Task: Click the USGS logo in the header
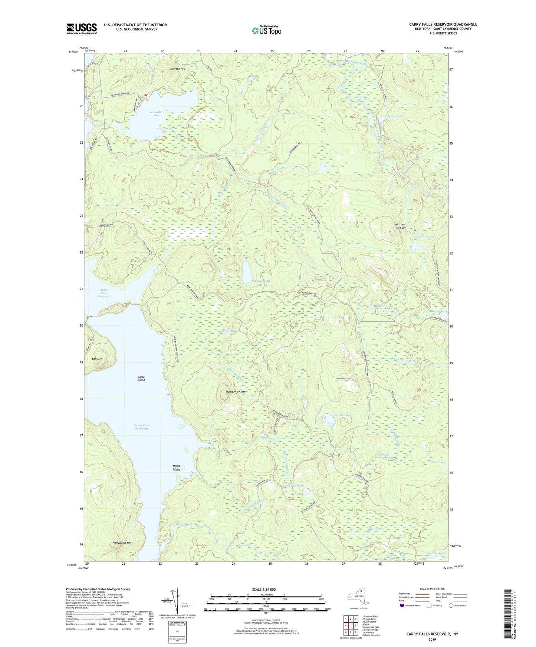[x=82, y=29]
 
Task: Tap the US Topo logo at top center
[x=266, y=31]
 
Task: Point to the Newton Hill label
[x=177, y=69]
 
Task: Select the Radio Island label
[x=141, y=378]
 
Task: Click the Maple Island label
[x=177, y=468]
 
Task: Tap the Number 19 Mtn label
[x=236, y=392]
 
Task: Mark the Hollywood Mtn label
[x=122, y=543]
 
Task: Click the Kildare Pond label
[x=260, y=281]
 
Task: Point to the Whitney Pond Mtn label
[x=400, y=226]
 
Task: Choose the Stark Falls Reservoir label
[x=104, y=293]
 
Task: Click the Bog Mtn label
[x=97, y=359]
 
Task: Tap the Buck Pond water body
[x=329, y=420]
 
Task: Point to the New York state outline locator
[x=358, y=597]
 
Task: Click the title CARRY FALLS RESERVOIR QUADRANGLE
[x=443, y=24]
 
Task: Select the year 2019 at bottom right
[x=432, y=639]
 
